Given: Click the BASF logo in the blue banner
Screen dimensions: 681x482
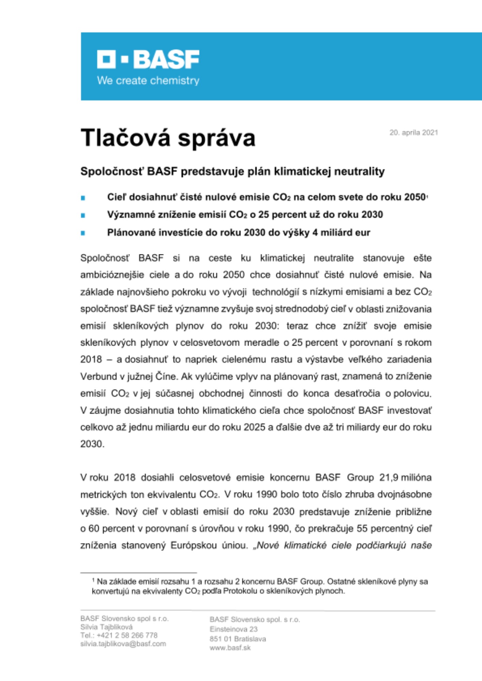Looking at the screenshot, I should [x=148, y=59].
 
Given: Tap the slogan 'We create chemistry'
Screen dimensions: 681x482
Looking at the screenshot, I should [x=148, y=81].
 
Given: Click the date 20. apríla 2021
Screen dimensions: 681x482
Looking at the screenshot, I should [x=413, y=133].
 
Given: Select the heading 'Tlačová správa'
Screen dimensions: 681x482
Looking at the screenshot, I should [x=168, y=138].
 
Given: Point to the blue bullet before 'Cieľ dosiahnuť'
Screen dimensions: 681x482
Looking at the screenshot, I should [x=83, y=198].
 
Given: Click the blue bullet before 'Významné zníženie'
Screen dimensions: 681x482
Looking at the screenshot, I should [x=83, y=216].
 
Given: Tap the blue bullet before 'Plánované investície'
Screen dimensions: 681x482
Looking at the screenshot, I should [x=83, y=233].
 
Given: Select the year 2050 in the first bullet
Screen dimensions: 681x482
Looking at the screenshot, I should [x=415, y=197].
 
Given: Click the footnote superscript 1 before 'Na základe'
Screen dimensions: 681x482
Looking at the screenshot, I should [x=93, y=580].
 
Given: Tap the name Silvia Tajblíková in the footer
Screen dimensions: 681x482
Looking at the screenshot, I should [x=106, y=627].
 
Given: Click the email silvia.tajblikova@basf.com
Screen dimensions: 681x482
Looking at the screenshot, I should [x=123, y=644].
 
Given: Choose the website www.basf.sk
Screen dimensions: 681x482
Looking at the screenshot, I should [x=230, y=648].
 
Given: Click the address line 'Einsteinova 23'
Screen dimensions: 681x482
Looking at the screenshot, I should [x=234, y=629].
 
